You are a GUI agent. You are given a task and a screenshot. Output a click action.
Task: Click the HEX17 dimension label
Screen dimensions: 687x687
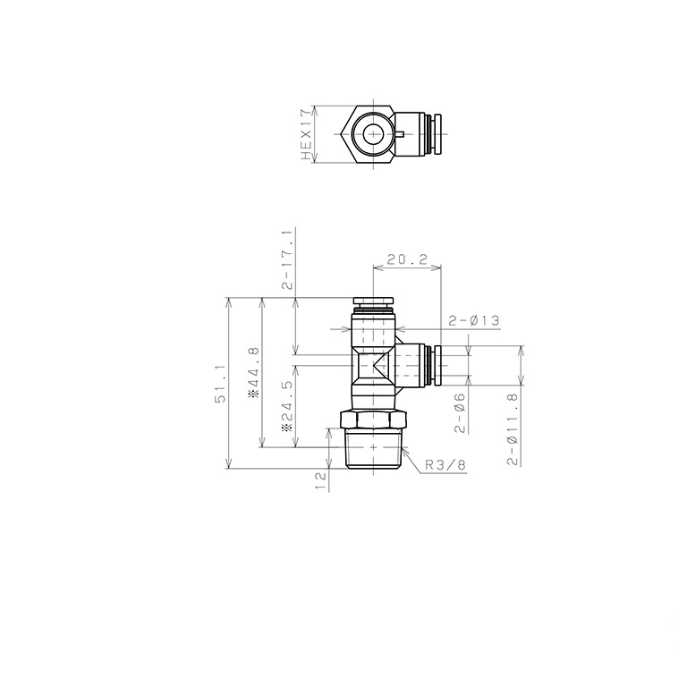tap(306, 134)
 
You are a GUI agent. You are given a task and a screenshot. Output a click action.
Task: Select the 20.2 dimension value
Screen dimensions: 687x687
tap(407, 259)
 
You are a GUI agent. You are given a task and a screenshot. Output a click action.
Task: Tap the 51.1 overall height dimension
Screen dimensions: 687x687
tap(220, 384)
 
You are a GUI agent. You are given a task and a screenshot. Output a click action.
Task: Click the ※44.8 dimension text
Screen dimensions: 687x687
tap(254, 372)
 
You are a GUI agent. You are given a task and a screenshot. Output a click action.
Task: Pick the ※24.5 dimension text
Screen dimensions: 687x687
tap(287, 407)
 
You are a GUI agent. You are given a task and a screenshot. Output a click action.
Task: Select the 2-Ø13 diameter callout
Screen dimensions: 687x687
tap(473, 321)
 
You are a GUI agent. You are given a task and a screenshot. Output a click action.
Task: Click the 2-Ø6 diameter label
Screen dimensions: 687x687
tap(460, 412)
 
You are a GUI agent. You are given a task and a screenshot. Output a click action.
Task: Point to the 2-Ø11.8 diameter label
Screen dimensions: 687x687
tap(513, 429)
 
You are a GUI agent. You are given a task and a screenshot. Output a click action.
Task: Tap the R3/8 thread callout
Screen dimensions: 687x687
tap(445, 465)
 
